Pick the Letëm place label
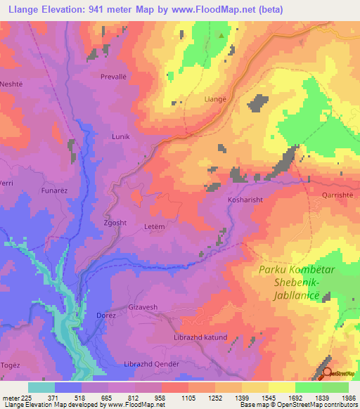[x=155, y=227]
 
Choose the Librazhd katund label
[x=200, y=337]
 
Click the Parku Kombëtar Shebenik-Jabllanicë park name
[x=290, y=283]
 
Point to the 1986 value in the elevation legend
[x=347, y=398]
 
